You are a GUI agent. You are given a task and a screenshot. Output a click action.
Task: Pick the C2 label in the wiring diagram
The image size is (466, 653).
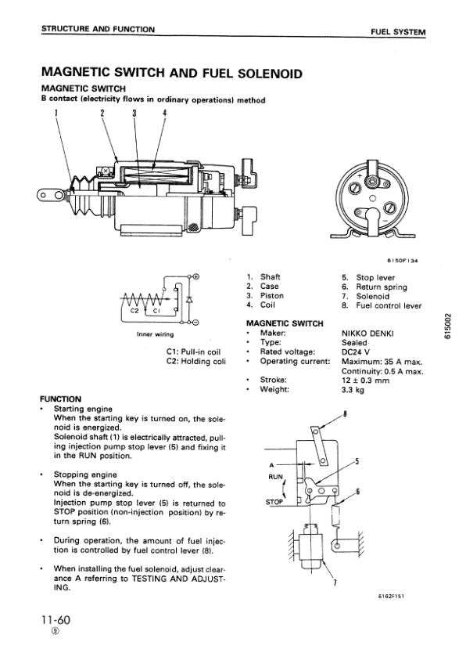134,309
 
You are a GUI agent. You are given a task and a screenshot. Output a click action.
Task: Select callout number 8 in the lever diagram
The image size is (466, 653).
345,414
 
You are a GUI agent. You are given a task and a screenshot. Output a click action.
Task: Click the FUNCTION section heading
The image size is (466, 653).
61,399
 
